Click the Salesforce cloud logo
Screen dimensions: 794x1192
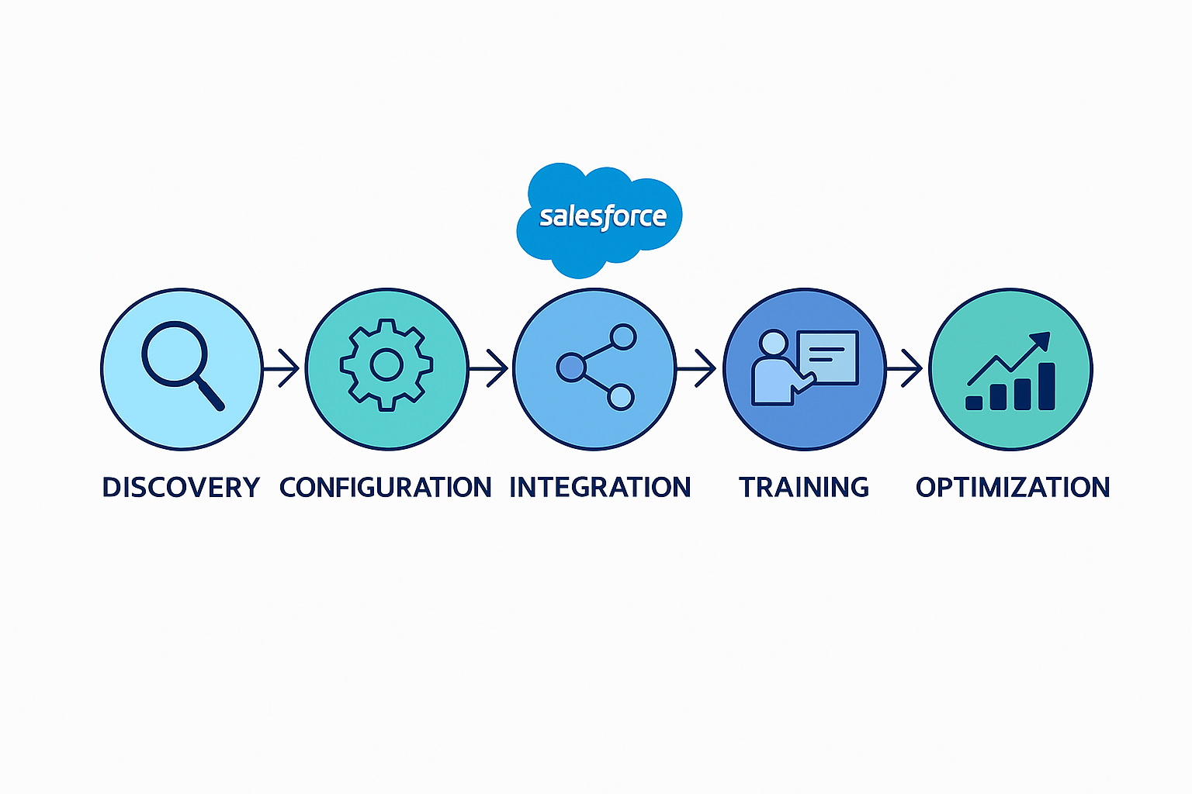(x=599, y=218)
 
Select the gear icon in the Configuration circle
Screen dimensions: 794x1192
(x=386, y=364)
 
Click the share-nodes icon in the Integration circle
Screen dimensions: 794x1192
(x=596, y=367)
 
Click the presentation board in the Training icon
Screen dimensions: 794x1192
(x=827, y=357)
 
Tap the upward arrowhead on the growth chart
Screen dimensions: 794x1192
(x=1040, y=341)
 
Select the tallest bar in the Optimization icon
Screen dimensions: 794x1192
(x=1046, y=386)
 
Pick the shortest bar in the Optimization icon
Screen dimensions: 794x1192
(x=974, y=402)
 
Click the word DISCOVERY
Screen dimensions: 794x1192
(x=181, y=488)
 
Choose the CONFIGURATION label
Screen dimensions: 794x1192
(x=385, y=488)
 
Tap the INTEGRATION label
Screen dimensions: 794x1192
(x=600, y=488)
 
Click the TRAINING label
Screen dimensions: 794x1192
(x=804, y=488)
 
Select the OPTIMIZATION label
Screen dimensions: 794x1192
(x=1013, y=488)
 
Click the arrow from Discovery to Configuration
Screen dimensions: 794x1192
(x=282, y=368)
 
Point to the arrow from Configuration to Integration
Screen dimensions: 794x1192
(x=489, y=368)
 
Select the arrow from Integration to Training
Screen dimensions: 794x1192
(x=697, y=368)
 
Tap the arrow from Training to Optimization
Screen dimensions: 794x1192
(x=905, y=368)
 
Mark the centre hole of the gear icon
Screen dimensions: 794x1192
(x=386, y=364)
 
